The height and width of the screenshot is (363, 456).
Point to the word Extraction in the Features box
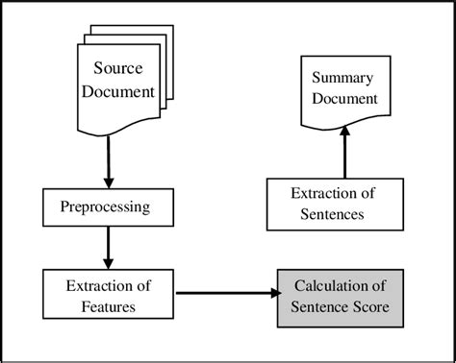point(92,285)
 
